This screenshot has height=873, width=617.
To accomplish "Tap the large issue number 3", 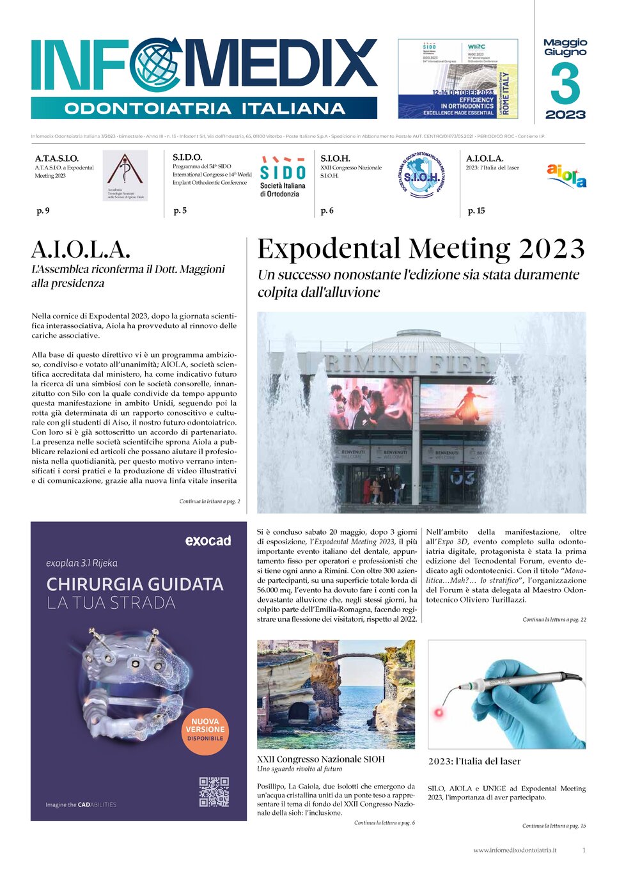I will point(565,84).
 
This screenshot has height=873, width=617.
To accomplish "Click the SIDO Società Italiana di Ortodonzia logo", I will point(283,177).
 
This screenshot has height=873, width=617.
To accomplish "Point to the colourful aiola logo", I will point(566,176).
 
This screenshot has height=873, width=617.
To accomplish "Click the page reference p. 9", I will point(43,210).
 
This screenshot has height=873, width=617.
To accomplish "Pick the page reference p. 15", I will point(476,210).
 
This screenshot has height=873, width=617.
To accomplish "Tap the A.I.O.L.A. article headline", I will point(81,249).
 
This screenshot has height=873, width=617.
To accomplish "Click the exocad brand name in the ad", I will point(208,541).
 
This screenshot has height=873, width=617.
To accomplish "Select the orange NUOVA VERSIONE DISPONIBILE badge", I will point(205,730).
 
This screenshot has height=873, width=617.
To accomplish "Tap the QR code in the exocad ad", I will point(214,792).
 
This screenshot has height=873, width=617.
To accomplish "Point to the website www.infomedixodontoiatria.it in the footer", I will point(515,850).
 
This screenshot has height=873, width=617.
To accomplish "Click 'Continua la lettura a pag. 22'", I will point(554,620).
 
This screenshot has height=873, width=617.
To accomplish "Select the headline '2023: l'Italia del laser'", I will point(474,762).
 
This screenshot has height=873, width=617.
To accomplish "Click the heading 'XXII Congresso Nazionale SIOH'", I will point(321,759).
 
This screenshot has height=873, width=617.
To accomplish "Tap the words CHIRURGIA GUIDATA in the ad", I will point(135,585).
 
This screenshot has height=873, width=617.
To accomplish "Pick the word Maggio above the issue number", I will point(565,43).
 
